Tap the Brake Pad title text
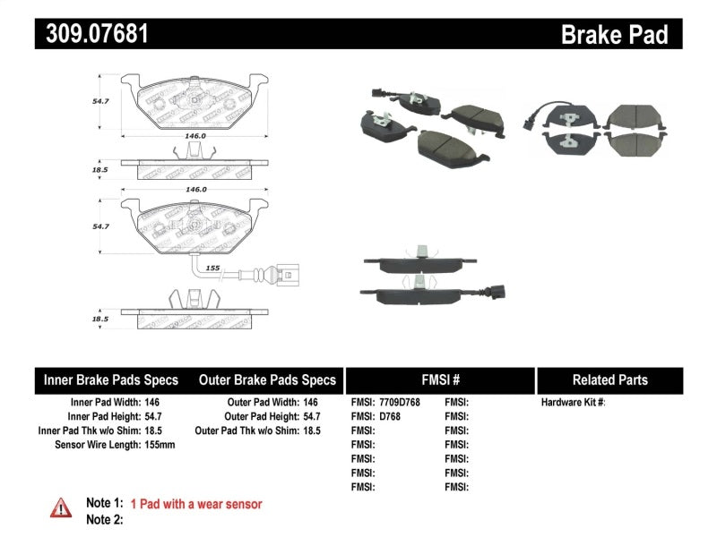(x=614, y=34)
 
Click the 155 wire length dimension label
(x=213, y=268)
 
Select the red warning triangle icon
(x=61, y=507)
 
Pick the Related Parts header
(x=609, y=379)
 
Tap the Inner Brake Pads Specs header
(x=111, y=379)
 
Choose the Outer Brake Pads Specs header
(x=268, y=379)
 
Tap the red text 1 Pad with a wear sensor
(x=196, y=505)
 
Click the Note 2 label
(x=104, y=519)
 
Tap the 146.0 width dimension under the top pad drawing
(x=195, y=137)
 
